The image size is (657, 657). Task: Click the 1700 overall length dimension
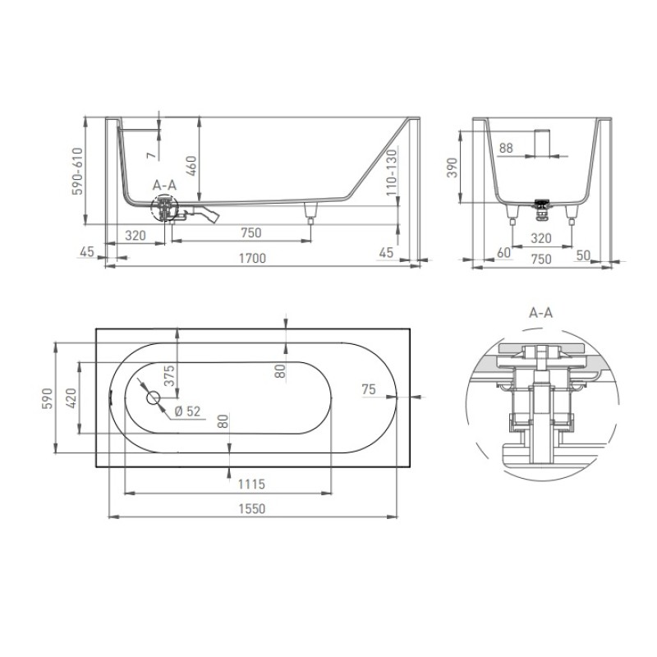coord(252,258)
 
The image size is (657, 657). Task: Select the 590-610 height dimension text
coord(78,171)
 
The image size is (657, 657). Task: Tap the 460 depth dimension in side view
coord(191,166)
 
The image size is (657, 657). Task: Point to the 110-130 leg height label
coord(392,172)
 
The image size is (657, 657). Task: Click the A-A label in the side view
coord(164,186)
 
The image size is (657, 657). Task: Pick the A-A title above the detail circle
coord(540,313)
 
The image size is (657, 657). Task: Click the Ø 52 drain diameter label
coord(187,411)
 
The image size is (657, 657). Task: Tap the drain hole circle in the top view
coord(154,397)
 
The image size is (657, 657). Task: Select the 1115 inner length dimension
coord(251,485)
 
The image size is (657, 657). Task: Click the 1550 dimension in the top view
coord(252,508)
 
